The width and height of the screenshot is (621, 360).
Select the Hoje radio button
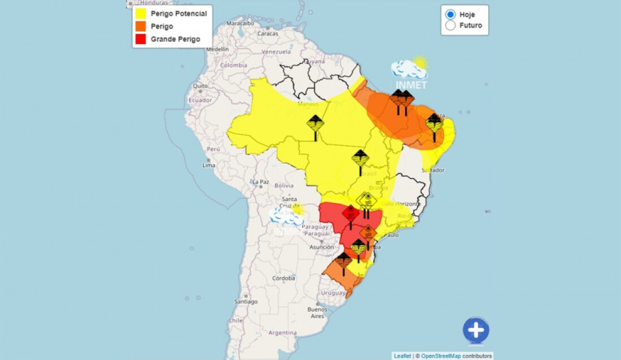pos(451,15)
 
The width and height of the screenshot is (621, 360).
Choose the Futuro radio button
pos(451,25)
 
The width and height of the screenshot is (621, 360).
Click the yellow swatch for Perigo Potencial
pos(141,14)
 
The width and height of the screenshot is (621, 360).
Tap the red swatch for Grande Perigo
pos(141,39)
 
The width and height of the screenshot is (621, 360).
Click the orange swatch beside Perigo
pos(141,27)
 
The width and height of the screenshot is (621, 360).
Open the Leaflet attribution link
pos(403,356)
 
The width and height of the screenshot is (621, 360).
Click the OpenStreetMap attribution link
pos(440,356)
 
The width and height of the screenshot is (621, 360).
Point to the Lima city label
pos(209,165)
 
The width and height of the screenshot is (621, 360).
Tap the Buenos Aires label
pos(317,313)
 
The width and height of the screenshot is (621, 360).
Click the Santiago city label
pos(246,301)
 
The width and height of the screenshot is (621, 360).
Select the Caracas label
pos(268,33)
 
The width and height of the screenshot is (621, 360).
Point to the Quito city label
pos(198,86)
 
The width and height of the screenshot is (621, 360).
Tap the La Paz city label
pos(260,182)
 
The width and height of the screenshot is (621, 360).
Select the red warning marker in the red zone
pos(351,214)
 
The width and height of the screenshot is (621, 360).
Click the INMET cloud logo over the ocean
pos(410,72)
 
